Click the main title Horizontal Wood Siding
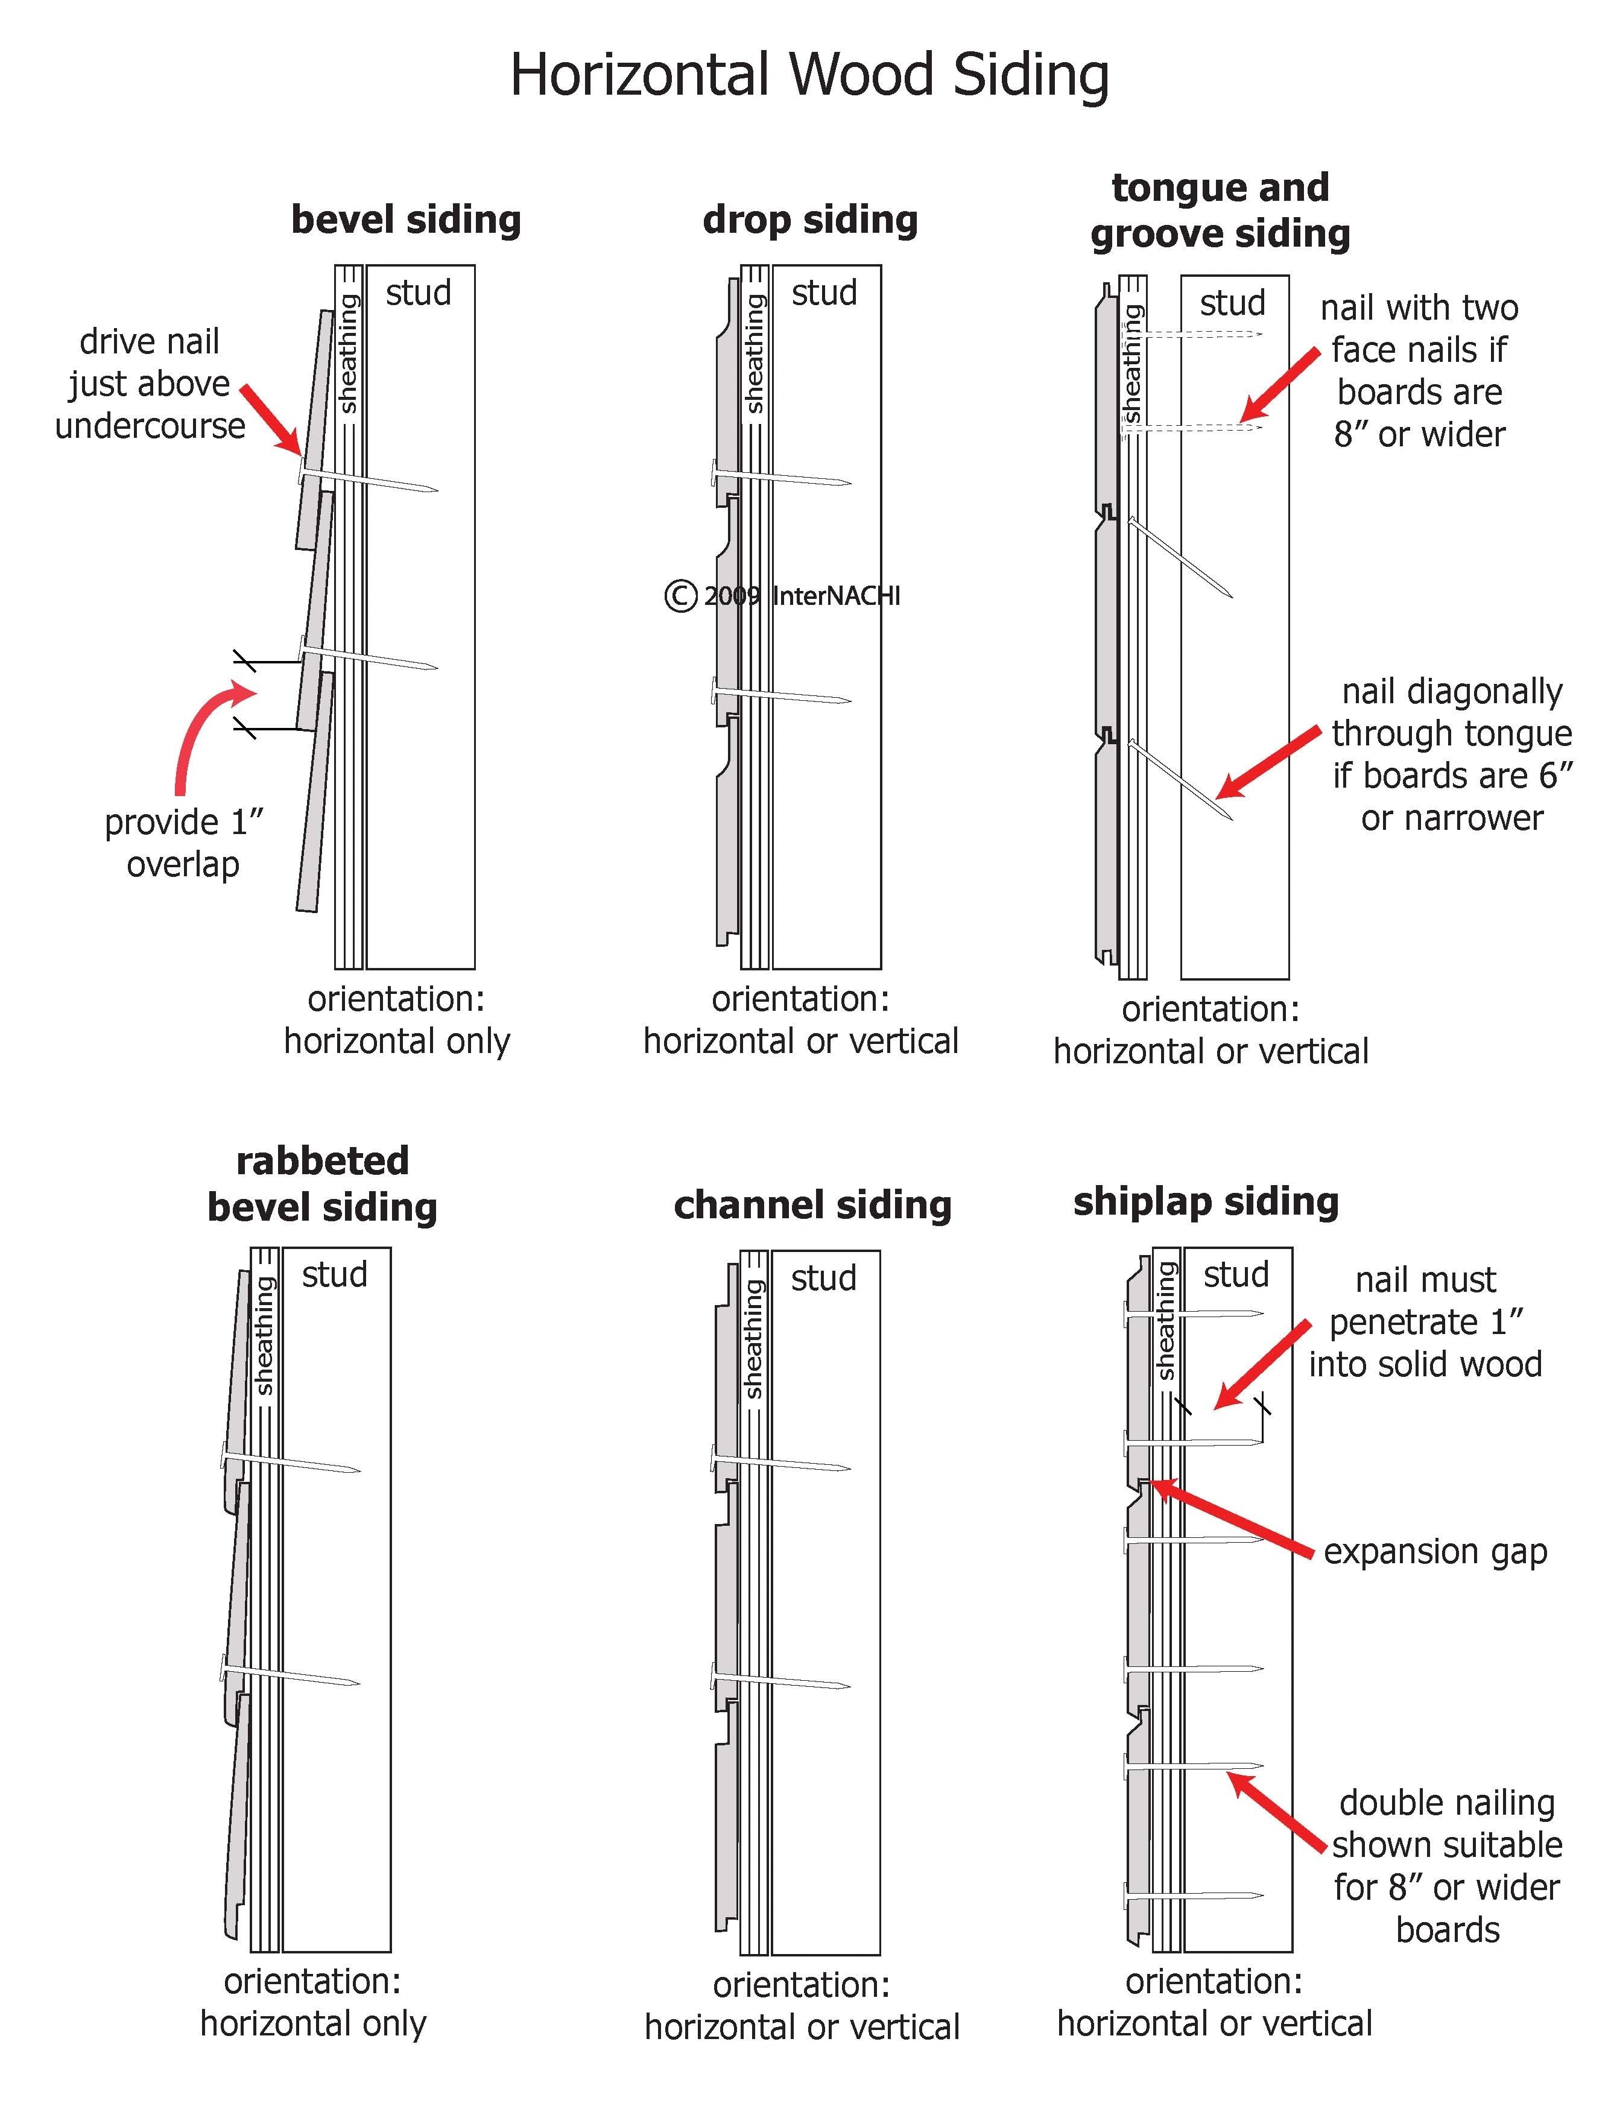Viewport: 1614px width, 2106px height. click(809, 75)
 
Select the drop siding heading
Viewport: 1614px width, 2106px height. click(810, 219)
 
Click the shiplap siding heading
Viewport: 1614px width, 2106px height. click(1206, 1201)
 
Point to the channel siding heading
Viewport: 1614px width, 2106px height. click(812, 1205)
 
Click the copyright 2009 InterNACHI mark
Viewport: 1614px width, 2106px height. click(782, 596)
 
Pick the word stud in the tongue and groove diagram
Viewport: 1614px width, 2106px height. click(1233, 303)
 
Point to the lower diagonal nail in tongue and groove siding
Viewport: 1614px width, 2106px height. click(1180, 779)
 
